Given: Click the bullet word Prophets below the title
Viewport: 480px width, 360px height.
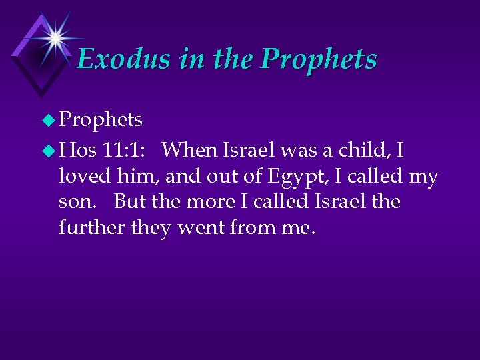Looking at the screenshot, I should (x=101, y=119).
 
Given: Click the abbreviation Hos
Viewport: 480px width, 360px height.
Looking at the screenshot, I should (x=78, y=151).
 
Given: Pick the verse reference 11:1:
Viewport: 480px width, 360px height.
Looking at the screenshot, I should (x=127, y=151).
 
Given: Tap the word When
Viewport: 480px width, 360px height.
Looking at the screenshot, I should (x=190, y=151).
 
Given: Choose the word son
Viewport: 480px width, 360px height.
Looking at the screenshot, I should (x=75, y=202).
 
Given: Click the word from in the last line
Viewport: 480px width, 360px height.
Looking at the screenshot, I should (x=251, y=227).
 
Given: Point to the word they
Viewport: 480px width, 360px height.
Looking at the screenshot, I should (x=153, y=227).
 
